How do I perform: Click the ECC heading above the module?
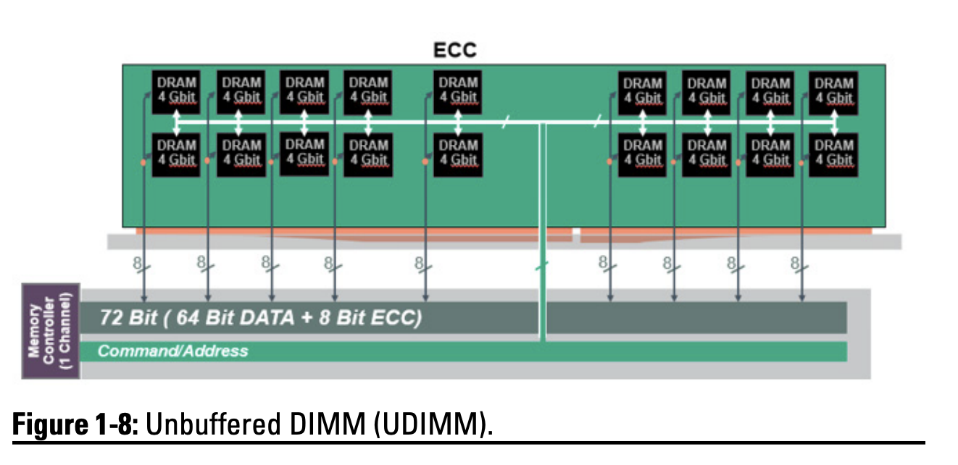[x=455, y=50]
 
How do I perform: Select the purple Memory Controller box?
[x=50, y=331]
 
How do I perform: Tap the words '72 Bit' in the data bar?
[x=119, y=318]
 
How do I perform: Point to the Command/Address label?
[x=172, y=351]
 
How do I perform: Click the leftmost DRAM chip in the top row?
[x=176, y=91]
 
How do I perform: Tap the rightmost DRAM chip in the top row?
[x=833, y=91]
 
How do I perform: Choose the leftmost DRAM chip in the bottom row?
[x=176, y=153]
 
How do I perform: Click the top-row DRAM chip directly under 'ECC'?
[x=458, y=91]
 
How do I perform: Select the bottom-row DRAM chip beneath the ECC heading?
[x=458, y=153]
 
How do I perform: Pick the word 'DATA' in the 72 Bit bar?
[x=256, y=318]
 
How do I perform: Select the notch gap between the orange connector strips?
[x=576, y=235]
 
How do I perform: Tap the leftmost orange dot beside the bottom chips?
[x=143, y=162]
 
